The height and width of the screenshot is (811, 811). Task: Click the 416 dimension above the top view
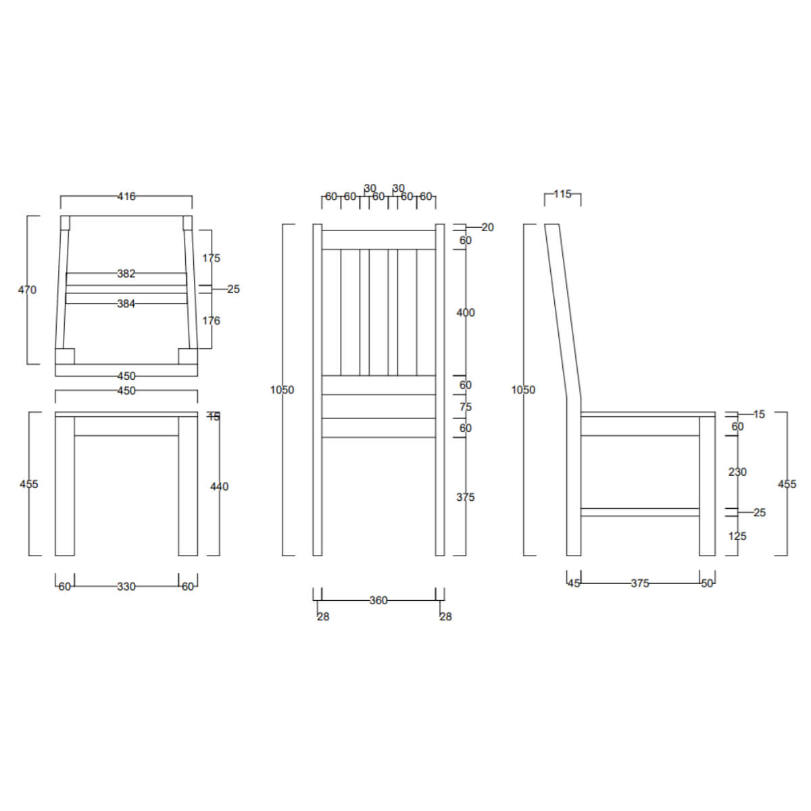[126, 197]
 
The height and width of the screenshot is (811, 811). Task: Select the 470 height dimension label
[27, 290]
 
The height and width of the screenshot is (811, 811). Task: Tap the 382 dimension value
[126, 274]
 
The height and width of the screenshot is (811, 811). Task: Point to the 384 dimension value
[126, 304]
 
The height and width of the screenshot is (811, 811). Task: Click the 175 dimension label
[211, 258]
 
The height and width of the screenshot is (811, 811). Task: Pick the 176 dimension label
[211, 321]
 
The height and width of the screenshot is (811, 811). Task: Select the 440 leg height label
[219, 487]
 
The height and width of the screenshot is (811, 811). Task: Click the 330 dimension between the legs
[126, 587]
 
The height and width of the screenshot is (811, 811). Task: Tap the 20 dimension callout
[487, 228]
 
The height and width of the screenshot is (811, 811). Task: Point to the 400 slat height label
[466, 313]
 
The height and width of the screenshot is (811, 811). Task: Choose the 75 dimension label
[466, 407]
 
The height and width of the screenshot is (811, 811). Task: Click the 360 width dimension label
[378, 600]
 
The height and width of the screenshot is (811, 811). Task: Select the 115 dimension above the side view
[562, 195]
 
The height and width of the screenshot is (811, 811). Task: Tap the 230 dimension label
[737, 472]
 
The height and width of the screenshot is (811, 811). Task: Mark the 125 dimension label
[737, 536]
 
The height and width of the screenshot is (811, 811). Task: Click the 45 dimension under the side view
[574, 583]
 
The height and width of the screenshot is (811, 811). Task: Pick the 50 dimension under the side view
[707, 583]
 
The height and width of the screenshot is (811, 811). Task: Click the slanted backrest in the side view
[562, 311]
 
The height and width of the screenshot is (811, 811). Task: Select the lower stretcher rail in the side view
[639, 512]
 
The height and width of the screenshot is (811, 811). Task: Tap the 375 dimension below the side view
[639, 583]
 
